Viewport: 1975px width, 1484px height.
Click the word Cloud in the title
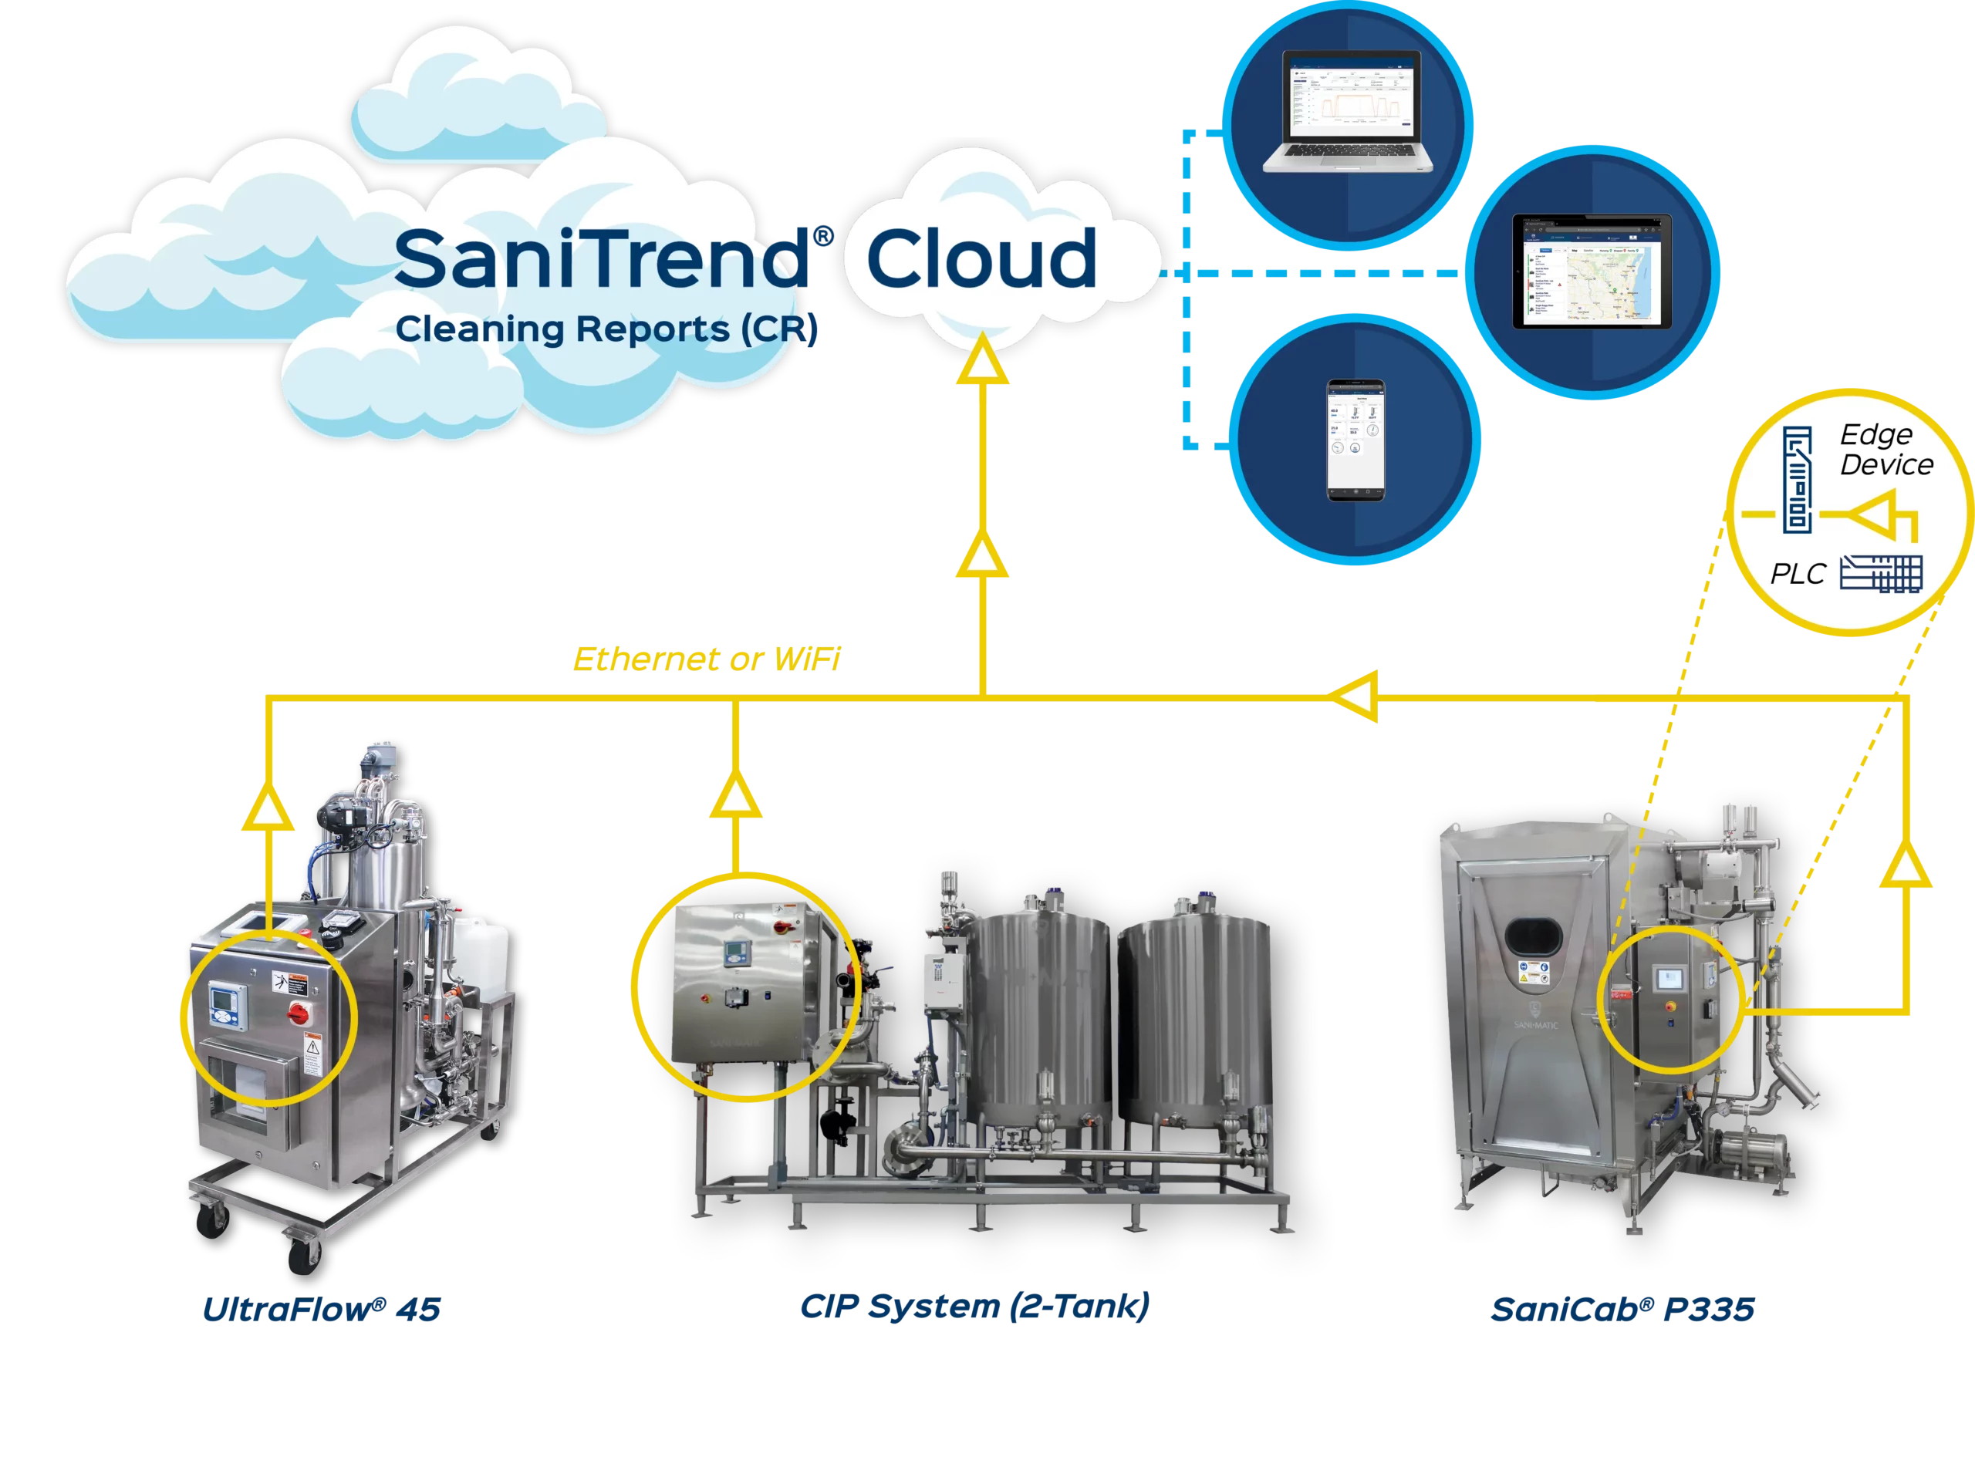pos(981,258)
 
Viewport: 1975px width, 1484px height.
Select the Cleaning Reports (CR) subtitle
pos(606,329)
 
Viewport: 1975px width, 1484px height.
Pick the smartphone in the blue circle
pos(1355,440)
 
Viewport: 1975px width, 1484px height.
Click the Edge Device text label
pos(1886,449)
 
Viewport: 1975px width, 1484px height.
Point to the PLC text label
pos(1798,573)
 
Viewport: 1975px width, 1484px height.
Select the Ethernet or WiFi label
pos(705,658)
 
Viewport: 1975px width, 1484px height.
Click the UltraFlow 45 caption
pos(322,1310)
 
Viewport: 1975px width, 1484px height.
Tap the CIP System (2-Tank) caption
pos(975,1305)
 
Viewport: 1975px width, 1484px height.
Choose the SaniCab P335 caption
pos(1623,1310)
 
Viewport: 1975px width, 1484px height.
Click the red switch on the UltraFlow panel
pos(296,1013)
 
